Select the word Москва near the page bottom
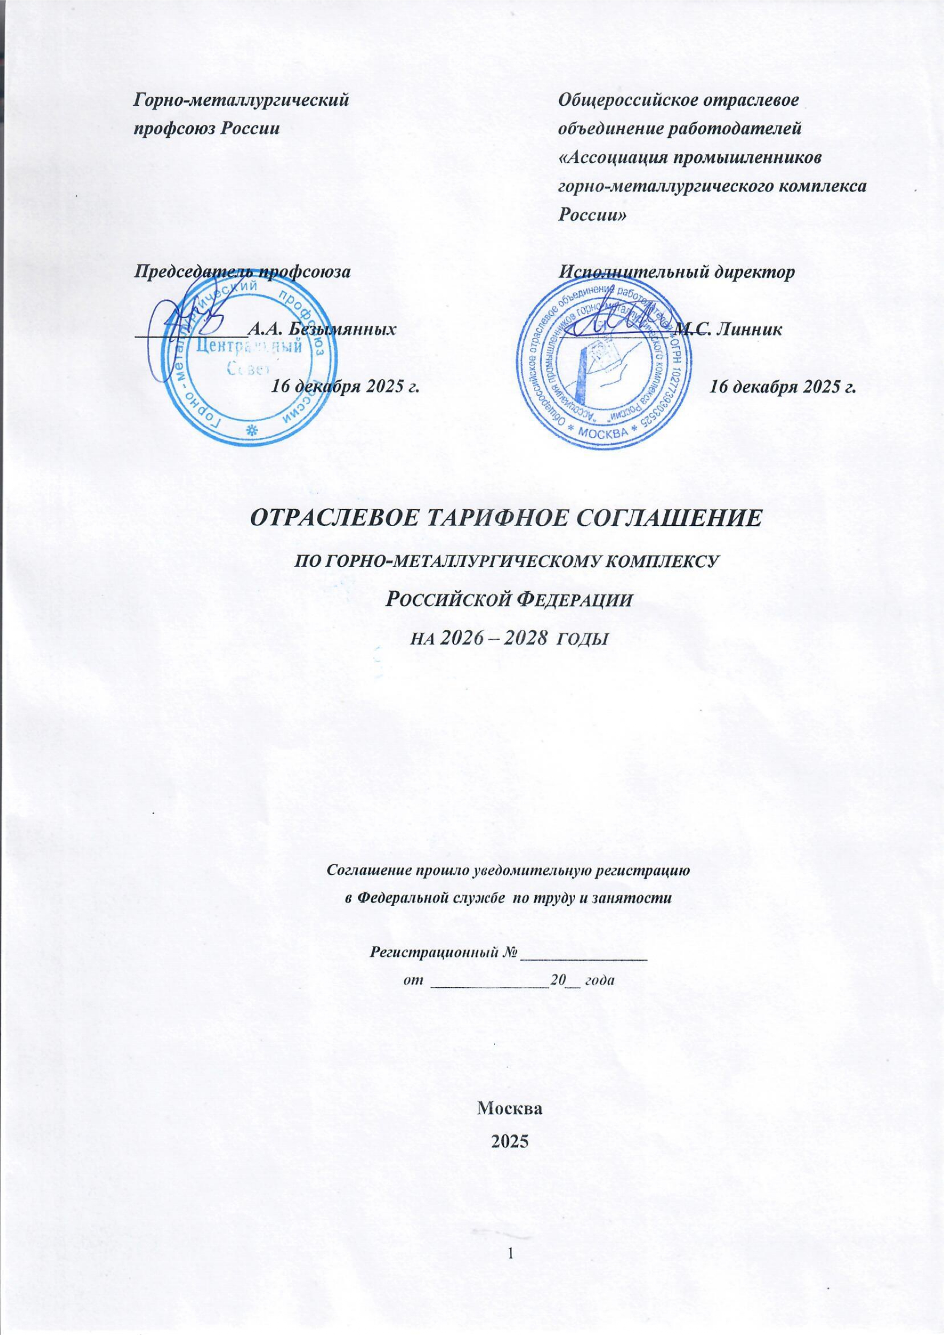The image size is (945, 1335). click(509, 1107)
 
